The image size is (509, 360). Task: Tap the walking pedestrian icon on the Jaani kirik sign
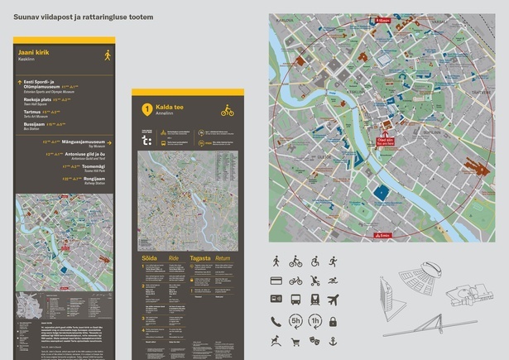tap(107, 55)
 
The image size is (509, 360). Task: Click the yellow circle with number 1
tap(146, 108)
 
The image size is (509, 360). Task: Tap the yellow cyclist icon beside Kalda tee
tap(227, 109)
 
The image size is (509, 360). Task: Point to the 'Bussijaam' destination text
tap(34, 124)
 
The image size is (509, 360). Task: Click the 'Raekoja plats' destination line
tap(39, 98)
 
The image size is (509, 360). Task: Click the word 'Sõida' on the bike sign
tap(149, 258)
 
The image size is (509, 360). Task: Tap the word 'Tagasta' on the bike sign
tap(200, 258)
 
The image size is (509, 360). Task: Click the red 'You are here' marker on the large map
tap(385, 140)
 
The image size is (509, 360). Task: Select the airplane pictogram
tap(333, 300)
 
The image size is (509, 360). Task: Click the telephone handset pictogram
tap(276, 321)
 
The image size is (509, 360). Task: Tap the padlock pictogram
tap(333, 321)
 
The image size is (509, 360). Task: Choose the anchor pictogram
tap(333, 340)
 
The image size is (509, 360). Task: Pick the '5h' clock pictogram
tap(295, 321)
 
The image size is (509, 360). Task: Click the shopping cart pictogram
tap(295, 340)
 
